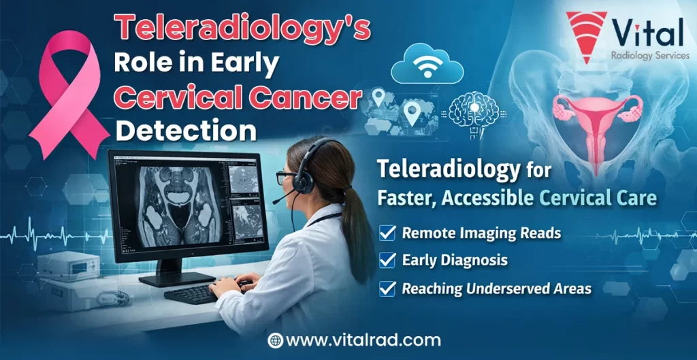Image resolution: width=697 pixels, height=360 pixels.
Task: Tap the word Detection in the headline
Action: pyautogui.click(x=185, y=129)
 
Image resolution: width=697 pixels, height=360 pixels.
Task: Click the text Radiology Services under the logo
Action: pyautogui.click(x=649, y=56)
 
